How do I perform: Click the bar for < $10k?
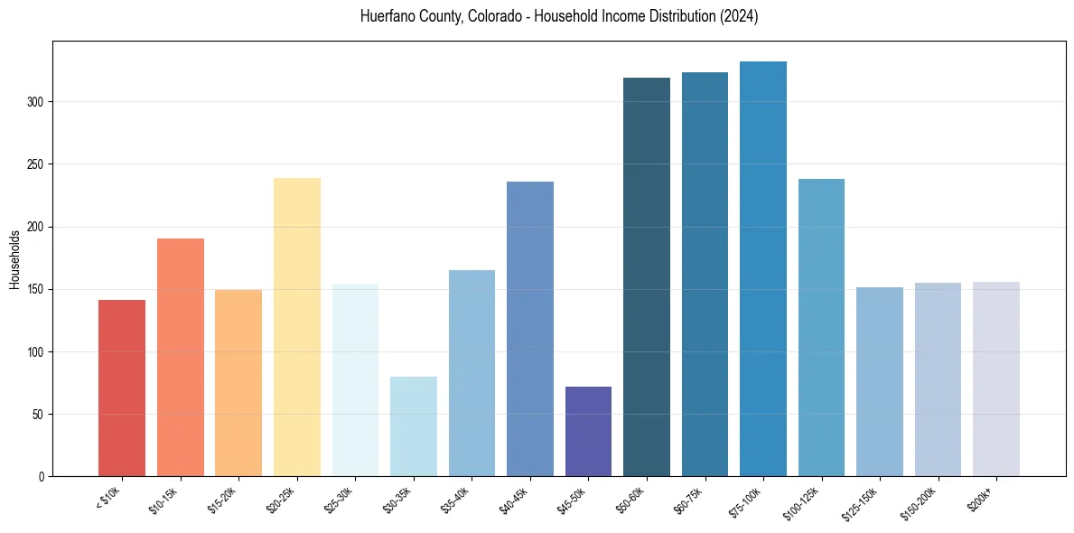click(122, 388)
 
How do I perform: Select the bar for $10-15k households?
click(181, 358)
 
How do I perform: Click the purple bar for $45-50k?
click(588, 432)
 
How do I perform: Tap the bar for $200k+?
click(996, 379)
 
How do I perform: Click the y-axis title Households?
click(14, 259)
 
